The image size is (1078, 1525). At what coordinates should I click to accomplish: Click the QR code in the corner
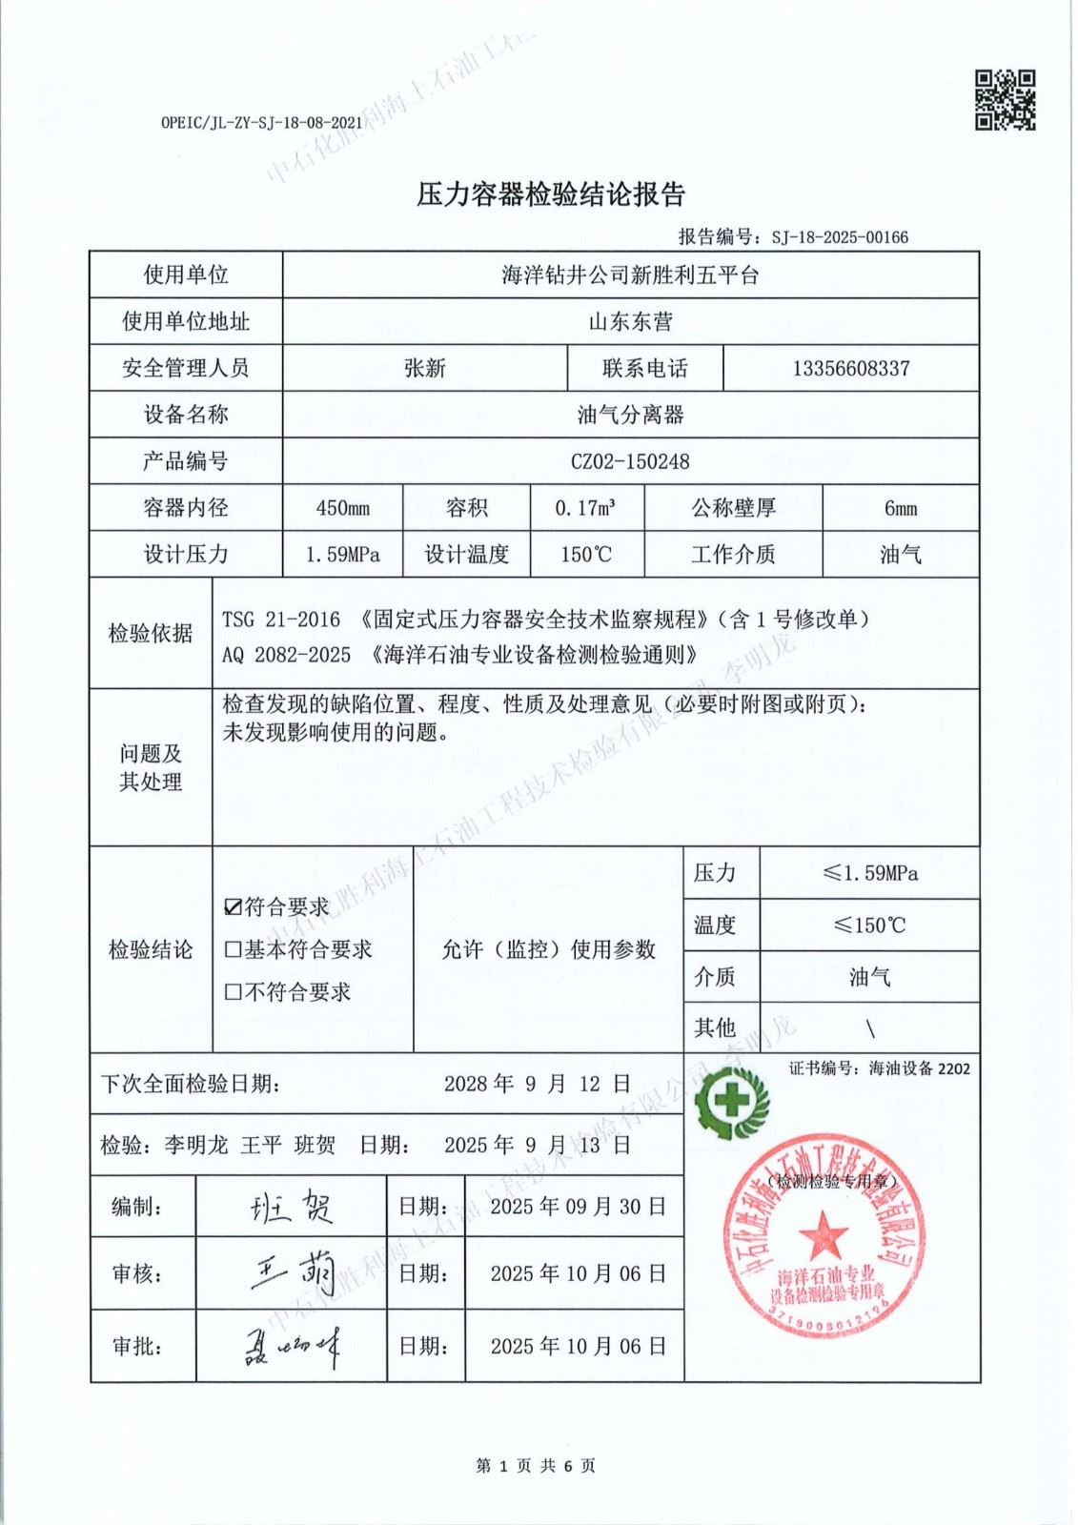[1004, 99]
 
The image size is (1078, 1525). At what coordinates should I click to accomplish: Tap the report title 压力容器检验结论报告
[551, 194]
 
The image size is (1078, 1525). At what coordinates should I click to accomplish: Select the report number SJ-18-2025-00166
[840, 236]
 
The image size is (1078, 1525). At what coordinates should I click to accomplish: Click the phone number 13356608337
[850, 368]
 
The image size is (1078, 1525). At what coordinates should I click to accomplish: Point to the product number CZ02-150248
[630, 461]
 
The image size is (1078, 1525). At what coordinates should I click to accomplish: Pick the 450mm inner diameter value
[342, 508]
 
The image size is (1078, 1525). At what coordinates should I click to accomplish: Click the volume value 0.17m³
[585, 508]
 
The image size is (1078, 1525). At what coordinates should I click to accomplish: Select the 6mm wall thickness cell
[900, 508]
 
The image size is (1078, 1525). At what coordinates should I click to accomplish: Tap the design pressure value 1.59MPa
[342, 555]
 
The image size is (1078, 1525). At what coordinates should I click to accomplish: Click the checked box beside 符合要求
[233, 907]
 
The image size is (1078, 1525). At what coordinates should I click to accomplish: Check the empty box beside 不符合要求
[233, 992]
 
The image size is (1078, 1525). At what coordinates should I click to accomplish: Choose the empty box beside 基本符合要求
[233, 949]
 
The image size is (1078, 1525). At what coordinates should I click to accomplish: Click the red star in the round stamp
[823, 1235]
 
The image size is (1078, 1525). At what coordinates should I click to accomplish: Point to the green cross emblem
[731, 1102]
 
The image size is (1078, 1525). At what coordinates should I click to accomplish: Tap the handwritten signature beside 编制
[291, 1208]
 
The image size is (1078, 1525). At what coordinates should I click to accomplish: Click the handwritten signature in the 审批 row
[291, 1347]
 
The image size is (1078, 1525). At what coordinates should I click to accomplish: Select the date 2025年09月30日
[578, 1207]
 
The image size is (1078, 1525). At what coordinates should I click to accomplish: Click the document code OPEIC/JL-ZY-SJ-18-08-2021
[262, 123]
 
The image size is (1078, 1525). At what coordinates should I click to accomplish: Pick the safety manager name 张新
[425, 368]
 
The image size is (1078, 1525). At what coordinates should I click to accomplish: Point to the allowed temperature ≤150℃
[869, 925]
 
